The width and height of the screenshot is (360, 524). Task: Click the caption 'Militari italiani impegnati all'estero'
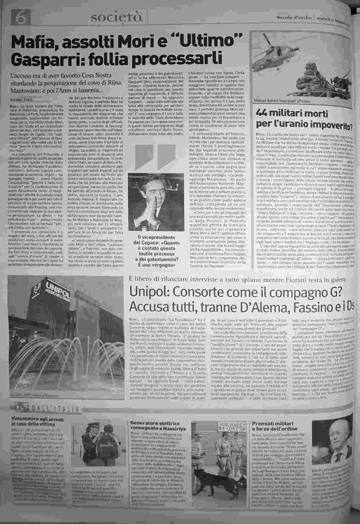(x=282, y=101)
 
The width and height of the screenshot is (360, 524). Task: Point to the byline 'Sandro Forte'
(x=21, y=100)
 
